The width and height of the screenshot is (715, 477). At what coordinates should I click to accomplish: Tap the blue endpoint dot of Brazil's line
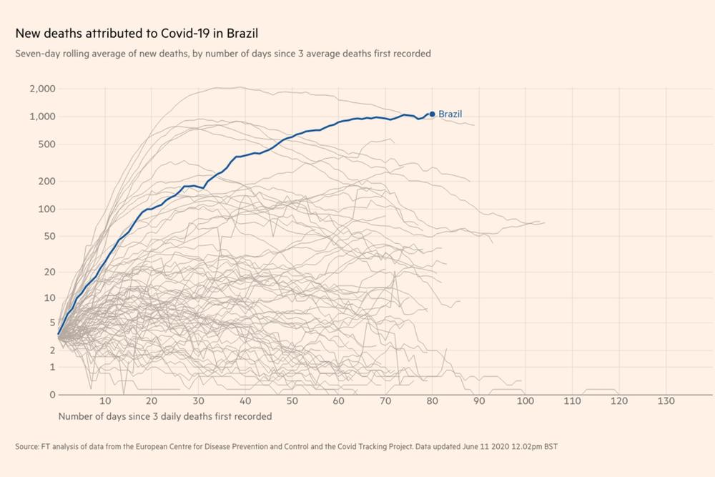432,114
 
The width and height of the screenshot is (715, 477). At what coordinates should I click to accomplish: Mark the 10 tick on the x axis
105,401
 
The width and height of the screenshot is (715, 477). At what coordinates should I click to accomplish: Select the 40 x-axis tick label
245,401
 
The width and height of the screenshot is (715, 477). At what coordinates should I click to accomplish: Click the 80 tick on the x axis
433,401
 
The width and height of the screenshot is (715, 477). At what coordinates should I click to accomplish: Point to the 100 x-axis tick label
526,401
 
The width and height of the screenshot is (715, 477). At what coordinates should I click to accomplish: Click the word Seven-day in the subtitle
36,54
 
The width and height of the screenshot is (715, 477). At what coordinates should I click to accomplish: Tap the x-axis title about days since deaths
165,415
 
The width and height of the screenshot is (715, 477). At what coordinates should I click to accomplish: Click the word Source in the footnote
26,448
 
